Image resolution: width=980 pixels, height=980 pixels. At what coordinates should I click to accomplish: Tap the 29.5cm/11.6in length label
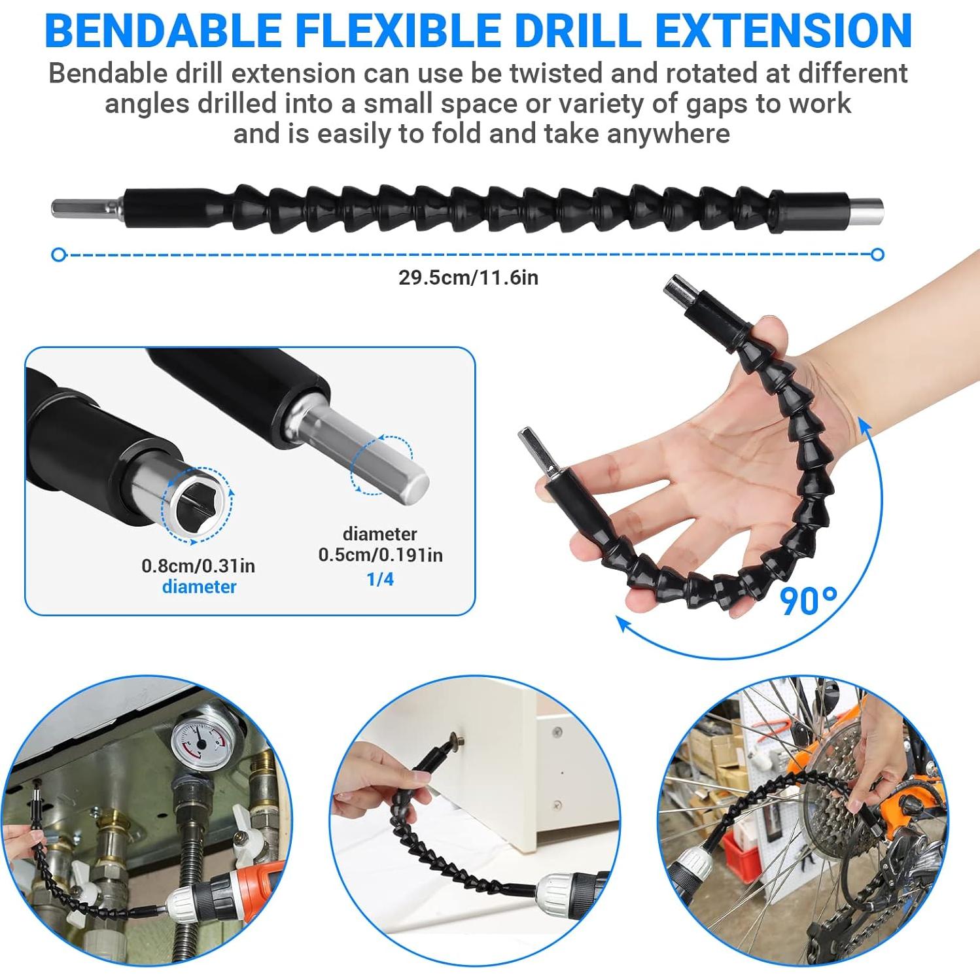[x=468, y=277]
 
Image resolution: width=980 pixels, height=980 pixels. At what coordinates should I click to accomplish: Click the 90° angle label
[x=809, y=601]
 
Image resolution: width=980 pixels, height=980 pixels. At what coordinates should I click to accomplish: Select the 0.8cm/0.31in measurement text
[x=198, y=565]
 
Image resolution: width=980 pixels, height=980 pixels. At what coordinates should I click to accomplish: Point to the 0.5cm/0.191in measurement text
[x=380, y=555]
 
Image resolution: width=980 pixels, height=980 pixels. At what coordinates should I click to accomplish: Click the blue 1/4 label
[x=380, y=579]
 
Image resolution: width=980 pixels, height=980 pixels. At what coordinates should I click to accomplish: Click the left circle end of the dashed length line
[x=59, y=254]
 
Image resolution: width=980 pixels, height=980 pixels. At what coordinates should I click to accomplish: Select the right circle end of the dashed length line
[x=878, y=254]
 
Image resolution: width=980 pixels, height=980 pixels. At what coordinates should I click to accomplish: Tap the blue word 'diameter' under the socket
[x=199, y=586]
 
